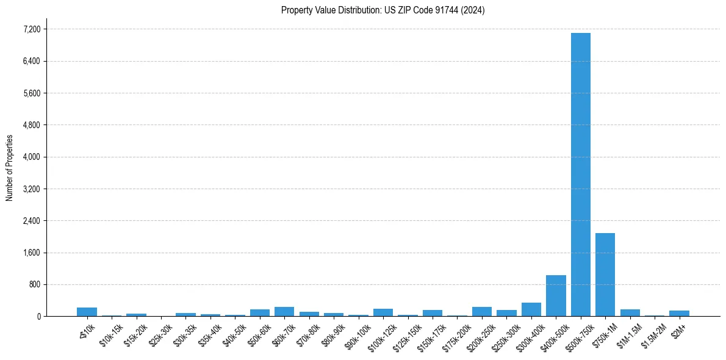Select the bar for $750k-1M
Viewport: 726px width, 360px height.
coord(605,275)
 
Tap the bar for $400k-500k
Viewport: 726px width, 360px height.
coord(556,296)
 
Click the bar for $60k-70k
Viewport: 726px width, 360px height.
coord(284,311)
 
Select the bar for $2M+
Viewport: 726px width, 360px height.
coord(679,313)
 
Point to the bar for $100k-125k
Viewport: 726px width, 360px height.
coord(383,312)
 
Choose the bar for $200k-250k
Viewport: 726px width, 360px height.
coord(482,311)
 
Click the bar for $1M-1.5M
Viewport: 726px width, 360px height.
coord(630,312)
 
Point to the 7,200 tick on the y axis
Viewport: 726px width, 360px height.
coord(32,29)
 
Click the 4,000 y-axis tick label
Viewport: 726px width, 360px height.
coord(32,157)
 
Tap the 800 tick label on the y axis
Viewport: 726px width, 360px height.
coord(35,284)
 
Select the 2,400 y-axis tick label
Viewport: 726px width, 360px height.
coord(32,221)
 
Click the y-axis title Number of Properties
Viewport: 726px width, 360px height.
coord(10,168)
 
